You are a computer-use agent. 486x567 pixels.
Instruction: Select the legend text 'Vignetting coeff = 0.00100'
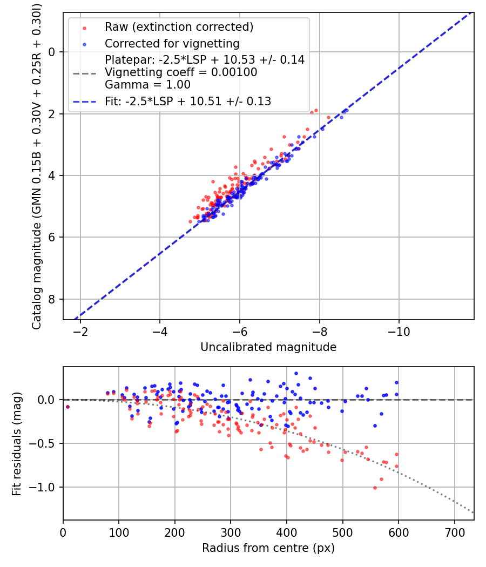click(181, 72)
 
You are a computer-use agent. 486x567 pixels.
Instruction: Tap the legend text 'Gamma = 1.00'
click(147, 85)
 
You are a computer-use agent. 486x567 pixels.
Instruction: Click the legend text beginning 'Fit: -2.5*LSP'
click(188, 101)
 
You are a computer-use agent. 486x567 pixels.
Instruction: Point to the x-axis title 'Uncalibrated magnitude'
click(268, 347)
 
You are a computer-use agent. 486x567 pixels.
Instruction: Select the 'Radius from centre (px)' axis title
click(268, 548)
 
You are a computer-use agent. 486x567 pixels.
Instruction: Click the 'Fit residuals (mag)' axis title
click(17, 443)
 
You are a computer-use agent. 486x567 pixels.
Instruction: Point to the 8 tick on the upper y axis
click(52, 299)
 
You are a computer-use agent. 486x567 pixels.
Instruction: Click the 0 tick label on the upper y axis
click(52, 52)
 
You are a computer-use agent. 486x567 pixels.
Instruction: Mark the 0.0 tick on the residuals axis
click(49, 400)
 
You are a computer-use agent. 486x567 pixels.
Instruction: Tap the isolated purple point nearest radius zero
click(67, 407)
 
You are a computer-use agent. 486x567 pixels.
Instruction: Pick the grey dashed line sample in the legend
click(84, 72)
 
